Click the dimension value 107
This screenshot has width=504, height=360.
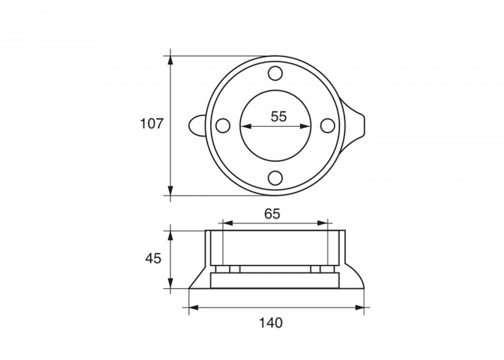152,124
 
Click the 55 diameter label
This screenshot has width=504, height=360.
278,116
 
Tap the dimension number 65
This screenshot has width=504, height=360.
272,214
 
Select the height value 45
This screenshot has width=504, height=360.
153,258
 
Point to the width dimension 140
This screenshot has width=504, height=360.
271,323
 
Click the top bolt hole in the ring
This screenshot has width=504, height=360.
275,73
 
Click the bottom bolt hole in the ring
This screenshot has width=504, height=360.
275,178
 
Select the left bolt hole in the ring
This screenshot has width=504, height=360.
223,125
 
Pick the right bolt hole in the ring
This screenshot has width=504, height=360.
328,125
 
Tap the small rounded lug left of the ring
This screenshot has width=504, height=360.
196,125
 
